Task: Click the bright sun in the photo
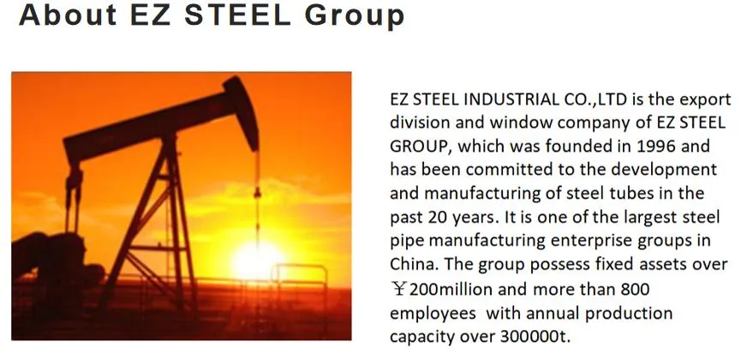tap(256, 259)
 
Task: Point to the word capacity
tap(421, 336)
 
